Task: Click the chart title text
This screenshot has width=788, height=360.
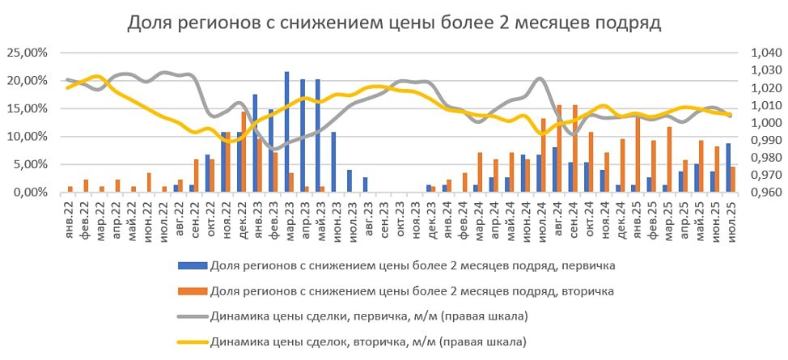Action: (394, 23)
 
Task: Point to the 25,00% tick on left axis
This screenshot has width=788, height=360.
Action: (28, 53)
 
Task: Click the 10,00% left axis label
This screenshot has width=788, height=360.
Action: (28, 137)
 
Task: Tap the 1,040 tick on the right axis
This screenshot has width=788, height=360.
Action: (765, 53)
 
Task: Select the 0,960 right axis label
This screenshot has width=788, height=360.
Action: (765, 193)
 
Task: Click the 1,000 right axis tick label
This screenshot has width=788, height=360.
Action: (765, 123)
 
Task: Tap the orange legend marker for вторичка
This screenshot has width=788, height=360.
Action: (191, 289)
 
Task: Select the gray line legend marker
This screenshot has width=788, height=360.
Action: (191, 316)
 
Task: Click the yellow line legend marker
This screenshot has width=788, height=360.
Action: (191, 341)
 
